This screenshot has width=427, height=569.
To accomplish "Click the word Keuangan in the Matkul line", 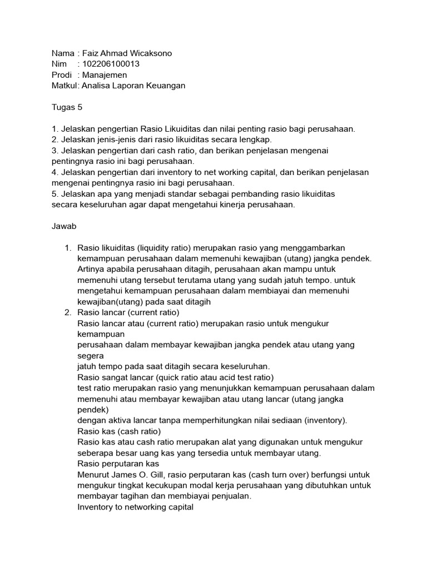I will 165,86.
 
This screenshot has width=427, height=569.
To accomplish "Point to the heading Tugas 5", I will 67,107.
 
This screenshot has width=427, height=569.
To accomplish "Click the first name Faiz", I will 91,53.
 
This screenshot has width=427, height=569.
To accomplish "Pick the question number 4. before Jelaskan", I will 54,172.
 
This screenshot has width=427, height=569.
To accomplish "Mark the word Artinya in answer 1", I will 92,269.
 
